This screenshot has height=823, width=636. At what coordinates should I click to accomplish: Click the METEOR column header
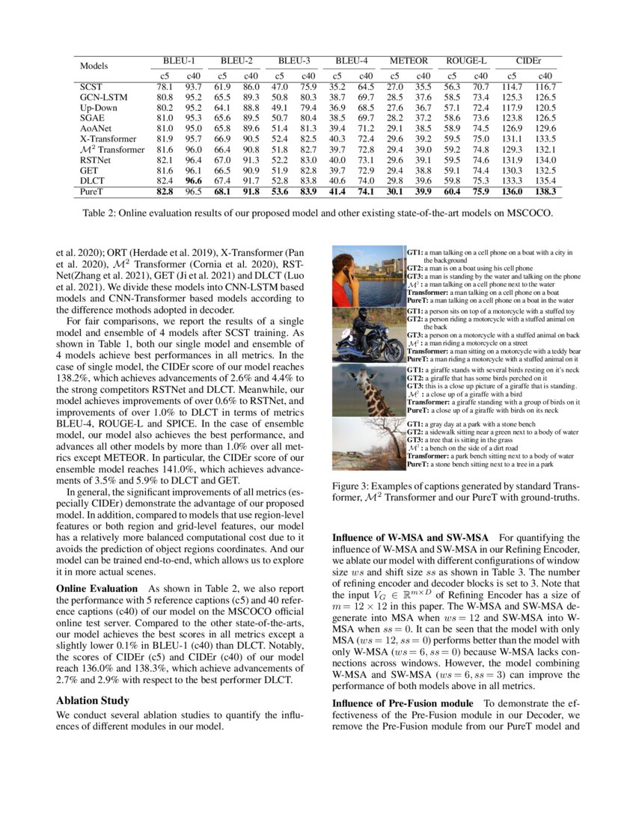[x=409, y=61]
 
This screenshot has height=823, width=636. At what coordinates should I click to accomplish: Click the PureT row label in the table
[x=93, y=192]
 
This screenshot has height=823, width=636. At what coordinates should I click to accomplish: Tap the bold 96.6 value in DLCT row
[x=193, y=181]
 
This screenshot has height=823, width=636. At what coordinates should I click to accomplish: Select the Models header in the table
[x=95, y=67]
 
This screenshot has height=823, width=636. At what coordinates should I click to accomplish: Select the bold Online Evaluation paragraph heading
[x=97, y=589]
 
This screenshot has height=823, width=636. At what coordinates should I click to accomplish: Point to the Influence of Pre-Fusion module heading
[x=403, y=703]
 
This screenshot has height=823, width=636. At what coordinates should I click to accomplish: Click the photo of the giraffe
[x=368, y=391]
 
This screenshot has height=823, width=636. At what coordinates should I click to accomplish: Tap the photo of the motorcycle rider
[x=368, y=334]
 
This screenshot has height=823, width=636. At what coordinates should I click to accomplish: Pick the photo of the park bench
[x=368, y=445]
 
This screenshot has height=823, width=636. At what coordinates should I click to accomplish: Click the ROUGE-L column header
[x=467, y=61]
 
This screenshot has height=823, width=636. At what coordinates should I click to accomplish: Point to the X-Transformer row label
[x=108, y=139]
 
